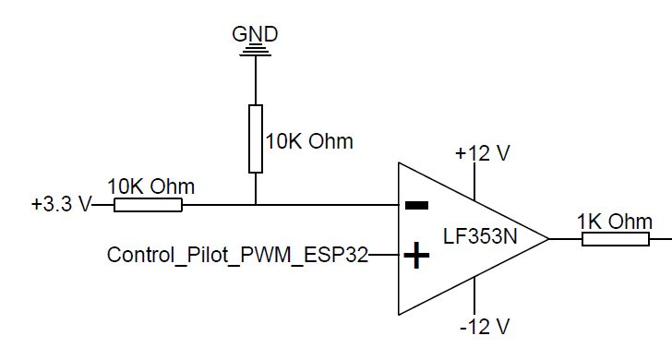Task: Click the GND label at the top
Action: (x=255, y=34)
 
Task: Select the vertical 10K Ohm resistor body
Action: (x=255, y=138)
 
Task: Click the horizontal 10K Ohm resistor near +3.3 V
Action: (x=148, y=204)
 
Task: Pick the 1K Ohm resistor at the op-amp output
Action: (x=615, y=239)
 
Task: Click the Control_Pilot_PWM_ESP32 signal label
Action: (x=237, y=255)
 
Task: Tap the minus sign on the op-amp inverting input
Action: (x=418, y=205)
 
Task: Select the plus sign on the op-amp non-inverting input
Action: (x=418, y=255)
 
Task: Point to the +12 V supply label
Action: (x=482, y=154)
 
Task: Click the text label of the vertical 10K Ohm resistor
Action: (x=309, y=141)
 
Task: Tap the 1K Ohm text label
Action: (x=615, y=221)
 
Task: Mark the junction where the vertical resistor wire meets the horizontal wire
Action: (x=255, y=204)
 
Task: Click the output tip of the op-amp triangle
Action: (x=549, y=239)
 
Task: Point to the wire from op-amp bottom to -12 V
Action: (x=474, y=295)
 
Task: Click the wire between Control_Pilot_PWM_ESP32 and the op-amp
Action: (x=383, y=255)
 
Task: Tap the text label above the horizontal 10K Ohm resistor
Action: (x=151, y=186)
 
